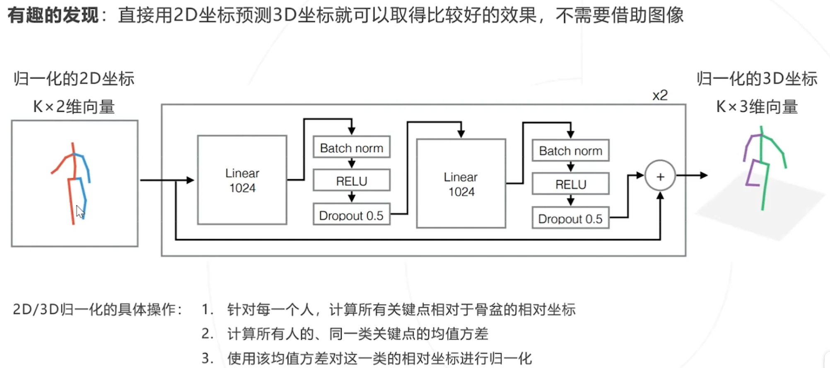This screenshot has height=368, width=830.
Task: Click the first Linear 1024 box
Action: pos(242,180)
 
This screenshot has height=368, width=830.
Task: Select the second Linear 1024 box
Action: pos(461,184)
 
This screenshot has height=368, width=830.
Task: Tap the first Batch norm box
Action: pos(352,148)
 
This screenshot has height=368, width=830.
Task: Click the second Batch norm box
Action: pos(570,151)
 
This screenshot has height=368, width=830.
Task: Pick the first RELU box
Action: pos(352,181)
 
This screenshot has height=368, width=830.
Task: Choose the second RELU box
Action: pos(570,184)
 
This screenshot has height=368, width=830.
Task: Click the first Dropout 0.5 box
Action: pos(352,215)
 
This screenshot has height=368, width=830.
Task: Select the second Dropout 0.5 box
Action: pos(570,219)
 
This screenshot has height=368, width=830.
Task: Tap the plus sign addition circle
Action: pos(660,176)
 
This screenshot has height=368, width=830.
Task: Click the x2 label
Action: pos(660,96)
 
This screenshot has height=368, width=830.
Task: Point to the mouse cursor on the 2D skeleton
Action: pos(80,212)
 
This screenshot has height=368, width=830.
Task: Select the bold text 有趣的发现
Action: pos(53,15)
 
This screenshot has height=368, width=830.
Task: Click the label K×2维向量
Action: pos(74,107)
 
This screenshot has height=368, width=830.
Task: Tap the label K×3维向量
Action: pos(757,107)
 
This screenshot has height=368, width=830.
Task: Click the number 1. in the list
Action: pos(207,310)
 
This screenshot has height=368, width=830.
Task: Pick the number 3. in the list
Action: pos(207,358)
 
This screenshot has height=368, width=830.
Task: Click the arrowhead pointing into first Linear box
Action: pos(190,180)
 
